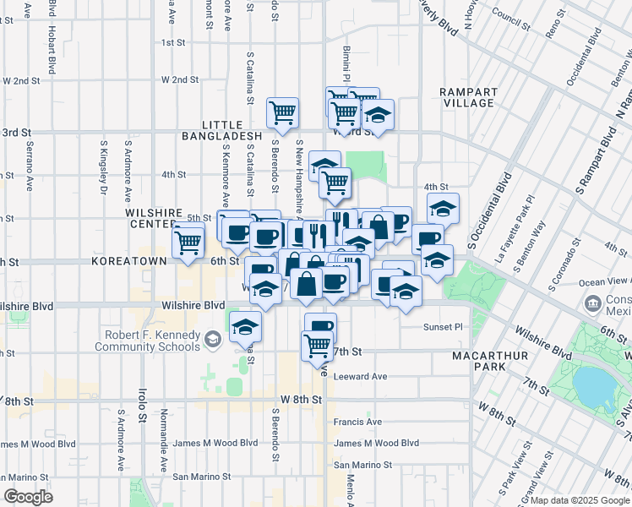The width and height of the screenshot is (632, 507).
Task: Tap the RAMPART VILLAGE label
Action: (466, 97)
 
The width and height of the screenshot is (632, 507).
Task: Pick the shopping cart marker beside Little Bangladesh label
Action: (282, 112)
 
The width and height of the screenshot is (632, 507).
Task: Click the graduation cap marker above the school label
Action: (245, 326)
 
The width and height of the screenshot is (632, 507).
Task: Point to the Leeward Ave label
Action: (360, 377)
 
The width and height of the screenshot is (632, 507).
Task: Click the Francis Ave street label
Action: (357, 422)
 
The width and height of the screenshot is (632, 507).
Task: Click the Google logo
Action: (29, 497)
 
